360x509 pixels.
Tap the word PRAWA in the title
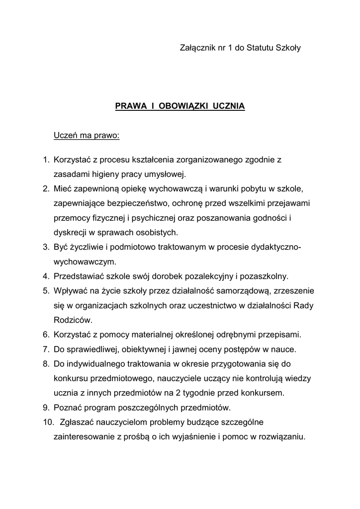point(128,106)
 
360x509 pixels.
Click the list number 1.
point(44,160)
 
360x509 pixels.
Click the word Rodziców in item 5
point(73,320)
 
